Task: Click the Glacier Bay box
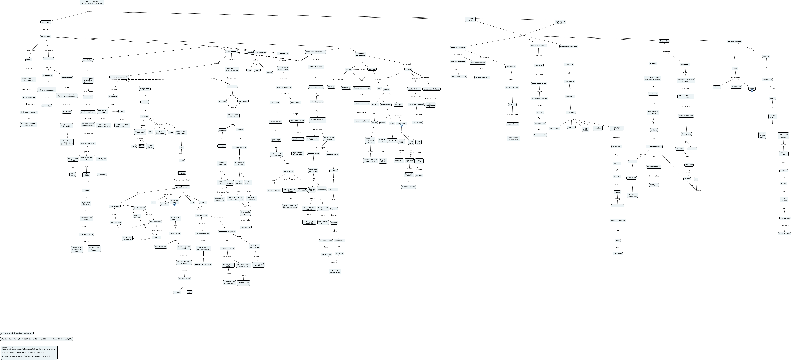[653, 94]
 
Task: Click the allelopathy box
[67, 112]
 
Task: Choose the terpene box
[177, 292]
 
